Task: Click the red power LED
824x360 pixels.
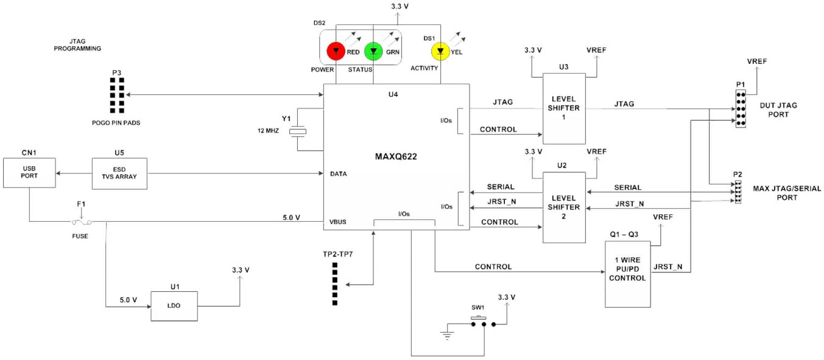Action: [x=336, y=52]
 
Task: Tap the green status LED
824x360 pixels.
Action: [x=373, y=52]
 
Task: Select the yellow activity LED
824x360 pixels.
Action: [x=440, y=51]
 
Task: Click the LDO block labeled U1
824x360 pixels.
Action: [x=174, y=305]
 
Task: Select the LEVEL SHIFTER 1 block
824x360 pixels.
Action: [x=564, y=108]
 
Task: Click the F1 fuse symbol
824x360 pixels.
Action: [x=81, y=223]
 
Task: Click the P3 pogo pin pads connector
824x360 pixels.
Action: [x=117, y=96]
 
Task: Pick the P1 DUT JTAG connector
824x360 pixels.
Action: [x=741, y=108]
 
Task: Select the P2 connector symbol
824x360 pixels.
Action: [x=738, y=192]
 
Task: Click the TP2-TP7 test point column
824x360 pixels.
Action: [x=334, y=283]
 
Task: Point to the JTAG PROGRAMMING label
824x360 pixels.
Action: [x=77, y=44]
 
